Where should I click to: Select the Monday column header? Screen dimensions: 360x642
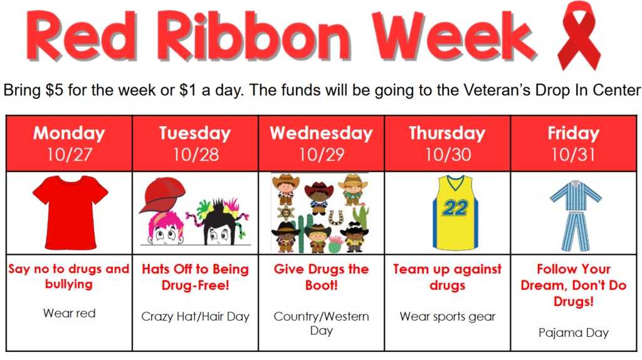(x=69, y=133)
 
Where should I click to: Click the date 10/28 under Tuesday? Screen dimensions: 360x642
(x=195, y=154)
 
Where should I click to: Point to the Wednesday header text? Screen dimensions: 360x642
(x=321, y=133)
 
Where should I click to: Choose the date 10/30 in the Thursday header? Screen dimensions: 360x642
(x=447, y=154)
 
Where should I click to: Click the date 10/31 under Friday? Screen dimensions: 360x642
(x=573, y=154)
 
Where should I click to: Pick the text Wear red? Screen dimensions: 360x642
(x=69, y=313)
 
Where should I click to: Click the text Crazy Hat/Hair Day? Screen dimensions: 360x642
(x=195, y=317)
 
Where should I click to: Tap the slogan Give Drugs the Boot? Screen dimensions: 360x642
(x=321, y=277)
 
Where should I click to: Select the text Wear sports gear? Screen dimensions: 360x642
(x=447, y=317)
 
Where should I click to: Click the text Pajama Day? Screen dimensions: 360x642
(x=573, y=332)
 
